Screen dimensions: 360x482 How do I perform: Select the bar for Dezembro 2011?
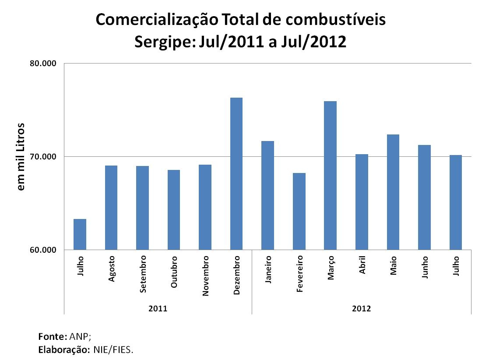pyautogui.click(x=236, y=174)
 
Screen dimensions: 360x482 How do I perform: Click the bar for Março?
pyautogui.click(x=330, y=176)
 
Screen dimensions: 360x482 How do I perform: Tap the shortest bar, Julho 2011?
pyautogui.click(x=80, y=234)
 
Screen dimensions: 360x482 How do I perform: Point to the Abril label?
pyautogui.click(x=362, y=265)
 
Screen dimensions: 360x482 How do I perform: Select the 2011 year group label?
pyautogui.click(x=158, y=309)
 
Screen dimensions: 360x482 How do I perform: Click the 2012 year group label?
pyautogui.click(x=362, y=309)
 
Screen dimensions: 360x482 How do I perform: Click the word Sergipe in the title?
pyautogui.click(x=164, y=42)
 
